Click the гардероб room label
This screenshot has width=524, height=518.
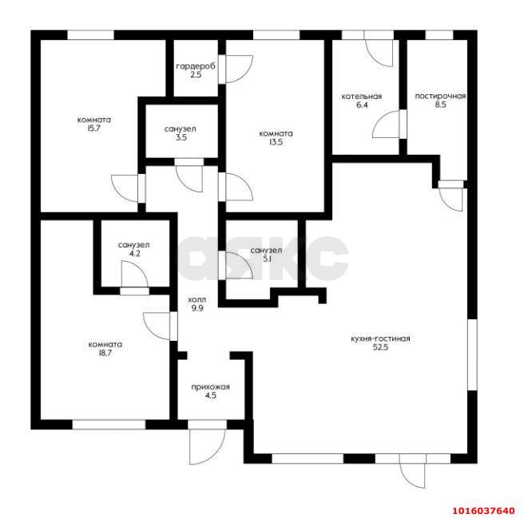pyautogui.click(x=196, y=66)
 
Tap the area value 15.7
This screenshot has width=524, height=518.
pyautogui.click(x=94, y=129)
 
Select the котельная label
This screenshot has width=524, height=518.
pyautogui.click(x=362, y=97)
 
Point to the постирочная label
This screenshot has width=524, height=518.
pyautogui.click(x=440, y=97)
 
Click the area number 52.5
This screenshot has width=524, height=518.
pyautogui.click(x=380, y=347)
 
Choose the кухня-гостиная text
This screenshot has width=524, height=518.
pyautogui.click(x=380, y=338)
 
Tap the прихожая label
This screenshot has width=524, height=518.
pyautogui.click(x=211, y=387)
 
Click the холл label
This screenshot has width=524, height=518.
pyautogui.click(x=197, y=299)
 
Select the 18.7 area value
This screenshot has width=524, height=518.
pyautogui.click(x=105, y=353)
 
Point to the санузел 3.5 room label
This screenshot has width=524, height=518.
pyautogui.click(x=181, y=129)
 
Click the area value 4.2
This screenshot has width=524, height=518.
pyautogui.click(x=134, y=254)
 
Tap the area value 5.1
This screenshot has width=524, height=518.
pyautogui.click(x=266, y=259)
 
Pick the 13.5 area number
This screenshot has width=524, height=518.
pyautogui.click(x=276, y=142)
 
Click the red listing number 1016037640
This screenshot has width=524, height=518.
pyautogui.click(x=483, y=511)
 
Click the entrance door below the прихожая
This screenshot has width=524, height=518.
pyautogui.click(x=207, y=447)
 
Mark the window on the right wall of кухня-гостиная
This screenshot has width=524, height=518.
pyautogui.click(x=472, y=354)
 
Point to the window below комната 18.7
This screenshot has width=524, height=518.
pyautogui.click(x=109, y=425)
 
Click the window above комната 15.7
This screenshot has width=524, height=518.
pyautogui.click(x=90, y=35)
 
